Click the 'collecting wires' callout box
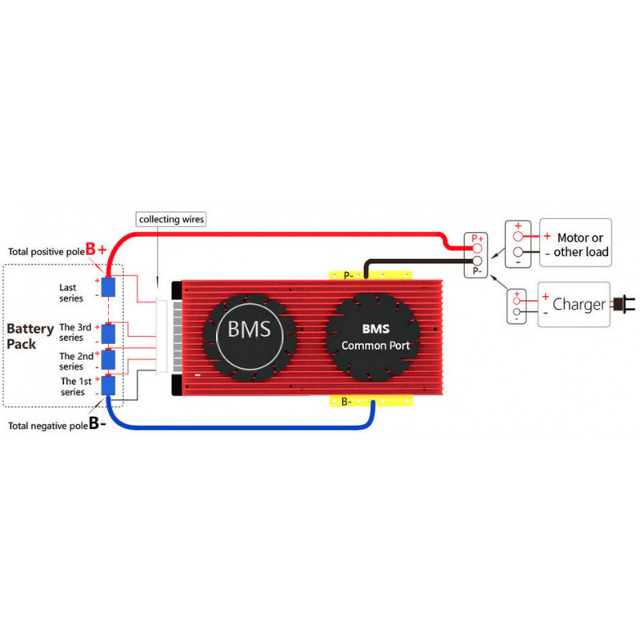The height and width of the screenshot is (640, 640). point(170,219)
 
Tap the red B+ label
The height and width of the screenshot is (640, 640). point(96,249)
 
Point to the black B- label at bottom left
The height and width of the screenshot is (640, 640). point(97,423)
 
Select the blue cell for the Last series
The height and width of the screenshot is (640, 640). point(108,287)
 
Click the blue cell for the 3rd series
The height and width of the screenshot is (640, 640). point(108,334)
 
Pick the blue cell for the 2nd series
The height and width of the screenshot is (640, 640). point(108,359)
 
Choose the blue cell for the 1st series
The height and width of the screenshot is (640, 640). point(108,386)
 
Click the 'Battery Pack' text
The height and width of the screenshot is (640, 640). point(30,336)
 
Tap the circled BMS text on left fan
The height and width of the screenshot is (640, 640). point(249,329)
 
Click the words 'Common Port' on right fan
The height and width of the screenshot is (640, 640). point(375,346)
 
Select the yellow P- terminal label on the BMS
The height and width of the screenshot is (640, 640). point(349,275)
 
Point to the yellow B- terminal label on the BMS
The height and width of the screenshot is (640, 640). point(346,402)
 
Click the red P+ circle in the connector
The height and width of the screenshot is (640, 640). point(477,249)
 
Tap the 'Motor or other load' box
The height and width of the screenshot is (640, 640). point(575,243)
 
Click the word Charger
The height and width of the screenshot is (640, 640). point(579,304)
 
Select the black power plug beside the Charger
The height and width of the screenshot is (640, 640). point(625,305)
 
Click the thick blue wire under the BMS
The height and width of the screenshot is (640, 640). point(241,427)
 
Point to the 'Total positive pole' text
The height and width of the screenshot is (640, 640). point(46,252)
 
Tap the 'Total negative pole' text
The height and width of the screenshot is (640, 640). point(48,426)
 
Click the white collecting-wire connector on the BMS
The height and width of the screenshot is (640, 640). point(162,337)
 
